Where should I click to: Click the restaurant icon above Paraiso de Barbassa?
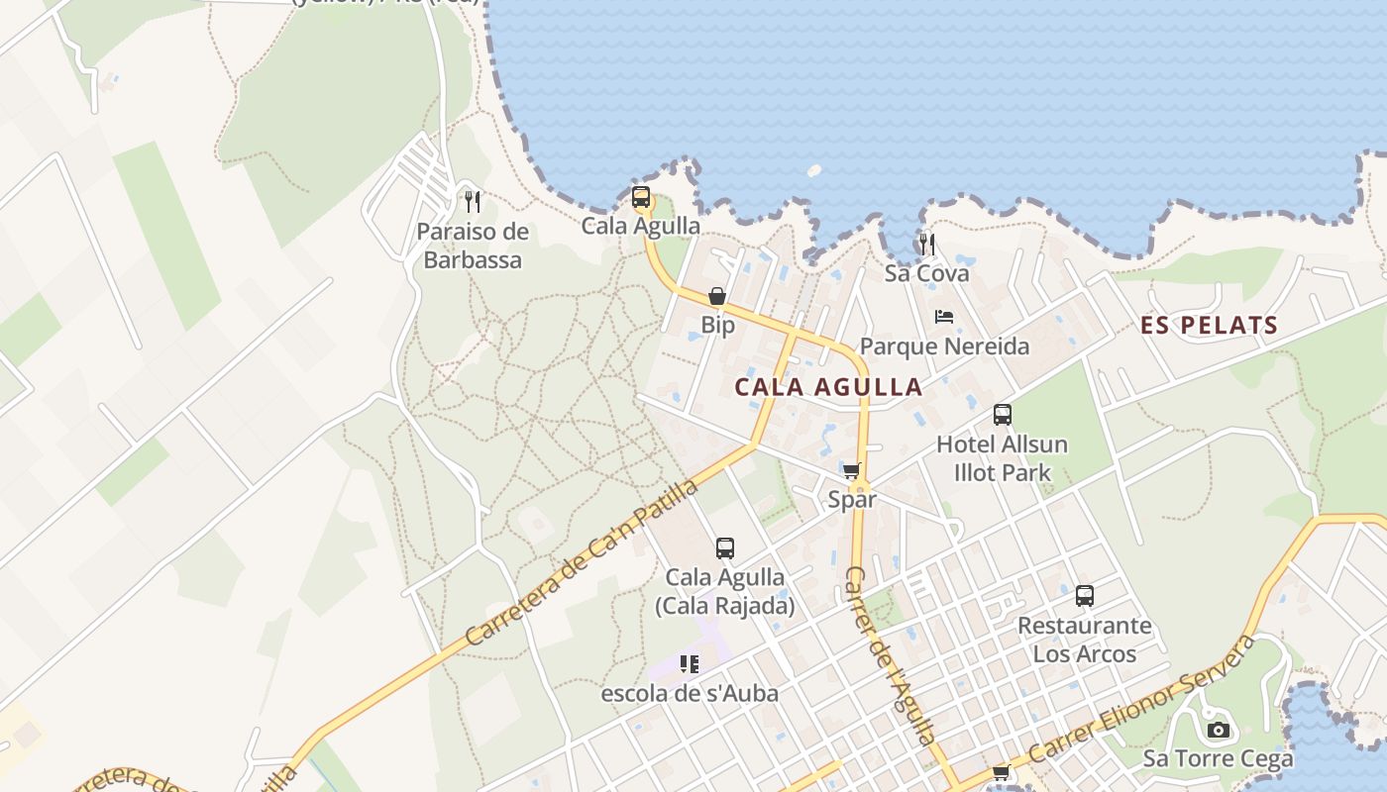pos(473,202)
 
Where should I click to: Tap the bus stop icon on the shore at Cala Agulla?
pos(641,197)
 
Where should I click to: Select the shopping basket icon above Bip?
pos(717,296)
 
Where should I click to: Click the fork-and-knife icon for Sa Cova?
pos(927,244)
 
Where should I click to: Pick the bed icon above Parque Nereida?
pos(944,317)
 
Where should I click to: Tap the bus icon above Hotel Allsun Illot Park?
pos(1003,415)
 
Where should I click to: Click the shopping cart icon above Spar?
pos(851,470)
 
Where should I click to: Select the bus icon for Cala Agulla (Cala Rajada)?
pos(725,547)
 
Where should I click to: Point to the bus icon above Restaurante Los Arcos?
pos(1085,596)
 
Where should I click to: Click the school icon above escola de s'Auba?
pos(690,663)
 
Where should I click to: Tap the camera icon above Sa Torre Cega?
pos(1218,731)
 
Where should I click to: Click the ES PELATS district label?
pos(1209,325)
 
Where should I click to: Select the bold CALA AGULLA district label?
pos(828,386)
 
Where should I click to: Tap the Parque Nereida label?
pos(944,346)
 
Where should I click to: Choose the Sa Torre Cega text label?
pos(1218,759)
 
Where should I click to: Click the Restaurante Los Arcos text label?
pos(1085,640)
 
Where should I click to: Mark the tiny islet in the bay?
pos(814,170)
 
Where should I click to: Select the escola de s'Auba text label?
pos(690,693)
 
